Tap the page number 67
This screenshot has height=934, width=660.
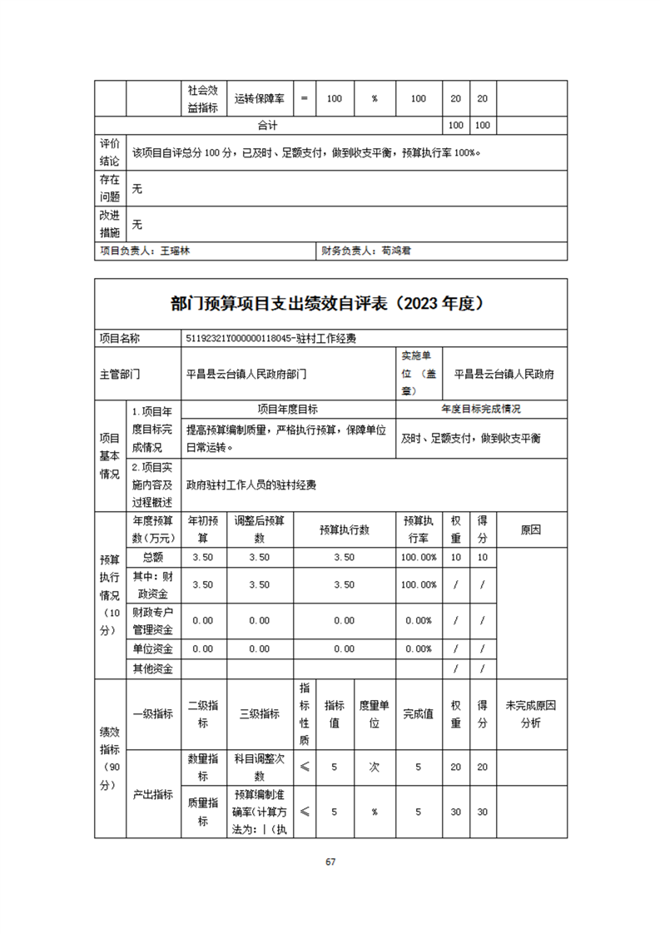pos(330,862)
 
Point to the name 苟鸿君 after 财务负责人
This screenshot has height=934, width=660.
pos(395,250)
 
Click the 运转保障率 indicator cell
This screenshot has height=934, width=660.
pos(259,98)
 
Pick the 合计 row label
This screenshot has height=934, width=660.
pos(267,126)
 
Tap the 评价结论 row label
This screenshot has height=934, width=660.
pos(109,152)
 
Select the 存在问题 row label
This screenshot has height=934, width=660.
pos(109,188)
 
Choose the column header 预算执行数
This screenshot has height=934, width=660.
pos(344,529)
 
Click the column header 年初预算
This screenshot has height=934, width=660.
pos(202,529)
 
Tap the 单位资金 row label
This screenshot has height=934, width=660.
pos(153,648)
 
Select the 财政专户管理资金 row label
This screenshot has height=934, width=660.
pos(153,620)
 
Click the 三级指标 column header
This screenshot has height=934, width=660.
pos(259,713)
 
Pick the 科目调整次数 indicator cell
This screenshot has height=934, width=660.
pos(259,767)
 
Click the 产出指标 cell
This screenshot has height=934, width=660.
pos(153,794)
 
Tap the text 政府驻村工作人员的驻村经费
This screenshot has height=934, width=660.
pos(251,484)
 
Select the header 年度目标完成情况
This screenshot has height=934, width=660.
pos(481,410)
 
